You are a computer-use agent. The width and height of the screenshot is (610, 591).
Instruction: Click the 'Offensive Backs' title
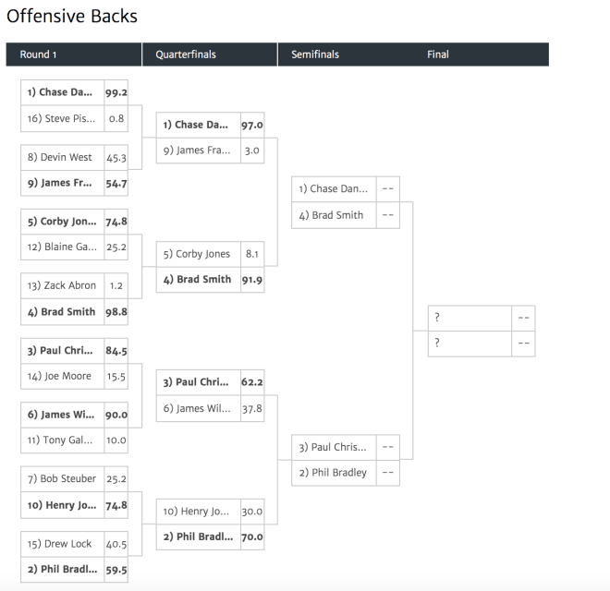(x=72, y=17)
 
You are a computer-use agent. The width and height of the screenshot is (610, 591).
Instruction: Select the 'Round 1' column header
(x=38, y=54)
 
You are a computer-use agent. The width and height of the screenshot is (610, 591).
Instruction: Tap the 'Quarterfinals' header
(x=186, y=54)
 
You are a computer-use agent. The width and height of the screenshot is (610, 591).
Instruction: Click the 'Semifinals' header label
(x=315, y=54)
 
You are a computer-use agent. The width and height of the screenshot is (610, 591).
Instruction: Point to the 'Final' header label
(x=438, y=54)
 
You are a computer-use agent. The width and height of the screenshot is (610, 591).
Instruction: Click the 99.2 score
(x=116, y=92)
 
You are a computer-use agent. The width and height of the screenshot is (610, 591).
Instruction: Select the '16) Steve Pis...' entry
(x=61, y=118)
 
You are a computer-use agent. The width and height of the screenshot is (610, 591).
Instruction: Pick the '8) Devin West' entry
(x=59, y=157)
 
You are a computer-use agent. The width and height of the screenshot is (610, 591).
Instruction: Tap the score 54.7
(x=116, y=184)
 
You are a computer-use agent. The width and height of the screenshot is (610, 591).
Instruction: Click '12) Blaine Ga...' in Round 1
(x=62, y=247)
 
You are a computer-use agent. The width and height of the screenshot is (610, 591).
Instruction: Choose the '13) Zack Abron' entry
(x=62, y=285)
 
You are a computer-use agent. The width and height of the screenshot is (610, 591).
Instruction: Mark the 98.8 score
(x=116, y=312)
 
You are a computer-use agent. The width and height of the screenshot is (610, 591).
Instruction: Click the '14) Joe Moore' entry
(x=59, y=376)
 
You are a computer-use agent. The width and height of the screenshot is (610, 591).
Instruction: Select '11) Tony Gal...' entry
(x=60, y=440)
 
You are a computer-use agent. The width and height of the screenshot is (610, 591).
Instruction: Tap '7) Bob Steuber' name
(x=62, y=478)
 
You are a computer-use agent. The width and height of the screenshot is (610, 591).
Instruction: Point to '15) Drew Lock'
(x=59, y=544)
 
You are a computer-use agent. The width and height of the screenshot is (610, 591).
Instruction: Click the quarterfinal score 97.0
(x=252, y=126)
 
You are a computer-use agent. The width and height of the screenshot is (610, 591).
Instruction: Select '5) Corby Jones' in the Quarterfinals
(x=197, y=254)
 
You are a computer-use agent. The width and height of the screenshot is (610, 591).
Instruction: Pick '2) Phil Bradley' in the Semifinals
(x=333, y=473)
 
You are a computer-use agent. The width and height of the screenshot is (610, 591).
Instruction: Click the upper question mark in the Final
(x=437, y=318)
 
